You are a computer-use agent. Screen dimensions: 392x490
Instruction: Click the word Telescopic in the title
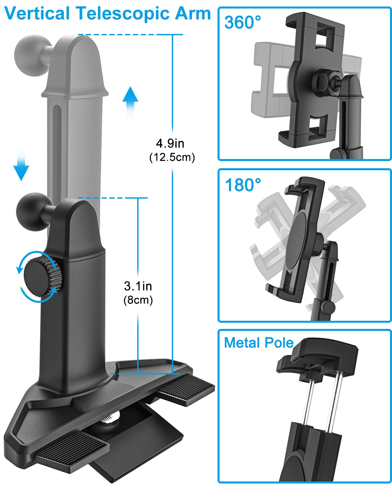coord(123,14)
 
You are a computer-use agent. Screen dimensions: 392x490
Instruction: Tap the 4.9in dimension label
coord(170,143)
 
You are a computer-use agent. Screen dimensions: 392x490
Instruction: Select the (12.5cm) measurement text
coord(172,157)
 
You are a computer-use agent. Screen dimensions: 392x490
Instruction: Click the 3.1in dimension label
coord(138,286)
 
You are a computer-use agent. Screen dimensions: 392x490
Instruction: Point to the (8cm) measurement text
coord(138,300)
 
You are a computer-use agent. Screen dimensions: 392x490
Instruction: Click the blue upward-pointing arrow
coord(130,102)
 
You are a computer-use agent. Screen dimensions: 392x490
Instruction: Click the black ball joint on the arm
coord(33,212)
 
